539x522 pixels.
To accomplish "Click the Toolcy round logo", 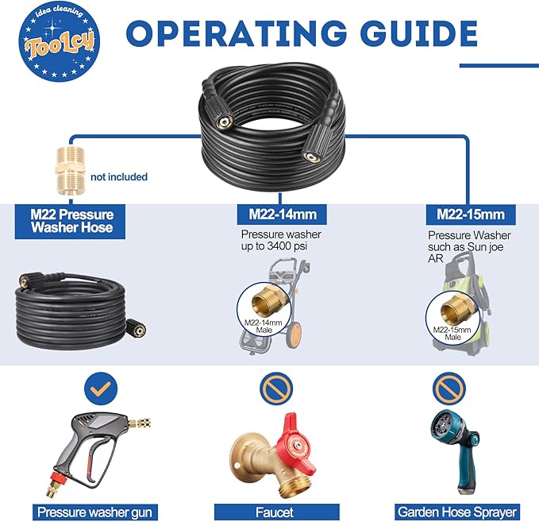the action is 59,41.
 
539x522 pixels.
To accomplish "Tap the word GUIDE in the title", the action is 419,33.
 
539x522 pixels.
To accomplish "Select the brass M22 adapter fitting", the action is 70,171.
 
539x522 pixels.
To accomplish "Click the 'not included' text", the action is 119,177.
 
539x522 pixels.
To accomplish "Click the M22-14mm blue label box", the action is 283,215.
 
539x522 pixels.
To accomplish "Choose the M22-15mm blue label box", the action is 471,215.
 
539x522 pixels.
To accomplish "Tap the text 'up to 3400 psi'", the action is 274,246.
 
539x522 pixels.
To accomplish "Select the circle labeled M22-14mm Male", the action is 264,310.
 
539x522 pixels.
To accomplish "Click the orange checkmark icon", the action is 101,389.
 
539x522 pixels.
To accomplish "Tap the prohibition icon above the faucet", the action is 276,389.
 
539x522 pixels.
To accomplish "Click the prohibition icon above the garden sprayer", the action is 449,389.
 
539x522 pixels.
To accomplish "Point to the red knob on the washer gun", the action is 58,476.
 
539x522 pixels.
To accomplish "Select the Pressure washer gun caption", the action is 95,512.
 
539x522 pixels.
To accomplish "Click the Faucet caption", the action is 276,512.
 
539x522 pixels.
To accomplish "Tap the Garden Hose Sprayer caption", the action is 457,512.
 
